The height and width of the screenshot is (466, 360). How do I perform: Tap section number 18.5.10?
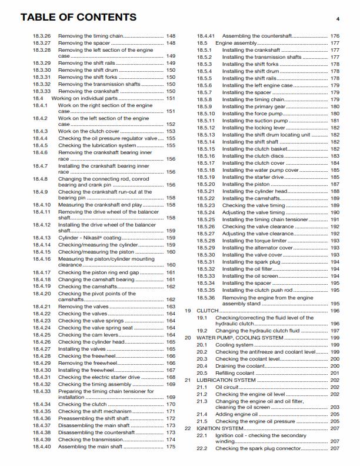click(206, 114)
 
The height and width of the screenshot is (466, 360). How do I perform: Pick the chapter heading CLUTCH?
click(208, 310)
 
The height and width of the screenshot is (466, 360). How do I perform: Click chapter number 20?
click(188, 338)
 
